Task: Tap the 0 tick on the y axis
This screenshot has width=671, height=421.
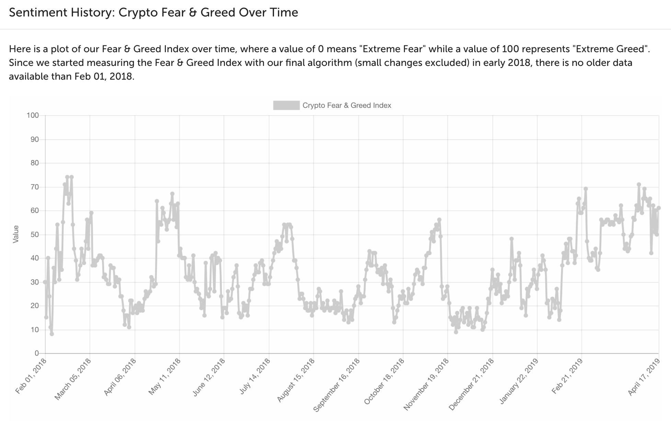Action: click(36, 353)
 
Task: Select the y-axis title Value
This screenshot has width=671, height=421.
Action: click(16, 234)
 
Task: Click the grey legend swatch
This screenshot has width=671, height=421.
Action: click(286, 105)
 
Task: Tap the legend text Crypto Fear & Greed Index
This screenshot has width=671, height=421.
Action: click(347, 105)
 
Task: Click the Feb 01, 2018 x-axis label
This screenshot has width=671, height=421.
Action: click(31, 376)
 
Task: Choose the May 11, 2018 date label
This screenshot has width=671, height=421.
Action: click(164, 376)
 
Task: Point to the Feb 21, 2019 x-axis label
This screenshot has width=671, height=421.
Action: click(567, 376)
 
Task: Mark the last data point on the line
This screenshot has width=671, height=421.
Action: click(659, 208)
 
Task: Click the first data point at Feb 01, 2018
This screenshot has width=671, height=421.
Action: click(45, 282)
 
